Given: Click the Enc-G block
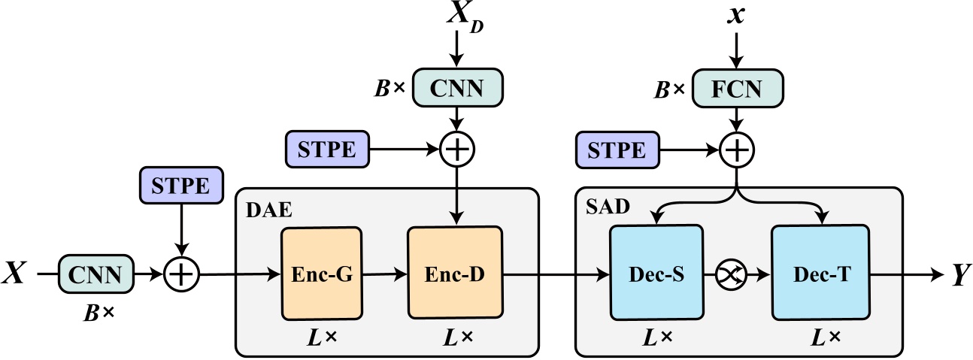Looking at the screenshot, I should click(x=321, y=275).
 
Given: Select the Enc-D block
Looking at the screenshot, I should click(x=454, y=275).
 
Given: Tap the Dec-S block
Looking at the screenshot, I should click(x=656, y=275).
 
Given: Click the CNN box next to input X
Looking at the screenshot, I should click(x=96, y=275).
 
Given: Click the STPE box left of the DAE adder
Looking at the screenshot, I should click(x=328, y=150).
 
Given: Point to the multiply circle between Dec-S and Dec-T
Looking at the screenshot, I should click(x=737, y=275).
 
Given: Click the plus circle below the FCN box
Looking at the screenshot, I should click(x=737, y=150).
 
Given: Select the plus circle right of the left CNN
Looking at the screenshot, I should click(x=180, y=275).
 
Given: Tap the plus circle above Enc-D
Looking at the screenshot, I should click(x=456, y=150).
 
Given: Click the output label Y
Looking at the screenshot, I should click(x=958, y=276).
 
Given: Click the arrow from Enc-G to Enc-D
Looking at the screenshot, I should click(x=384, y=275).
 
